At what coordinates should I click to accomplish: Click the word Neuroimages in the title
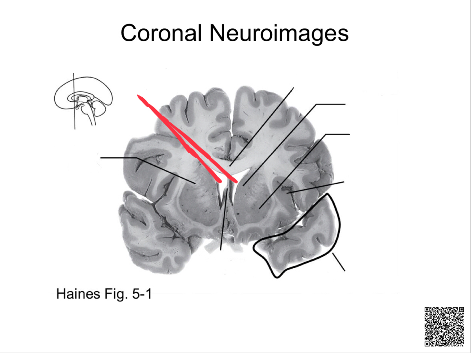click(x=279, y=33)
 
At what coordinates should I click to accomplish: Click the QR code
click(x=444, y=326)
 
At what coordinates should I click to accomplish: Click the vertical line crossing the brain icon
click(x=74, y=120)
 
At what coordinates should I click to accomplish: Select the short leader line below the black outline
click(x=338, y=262)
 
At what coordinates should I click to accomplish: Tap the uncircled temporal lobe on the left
click(x=154, y=236)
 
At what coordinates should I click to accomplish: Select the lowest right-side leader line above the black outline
click(x=316, y=187)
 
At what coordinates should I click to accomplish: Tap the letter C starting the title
click(x=128, y=33)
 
